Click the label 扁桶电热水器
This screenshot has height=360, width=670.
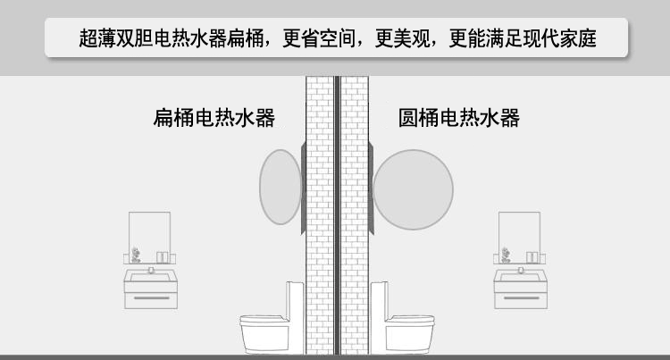(x=214, y=118)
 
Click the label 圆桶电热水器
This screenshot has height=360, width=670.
(x=459, y=118)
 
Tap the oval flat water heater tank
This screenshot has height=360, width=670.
(x=280, y=187)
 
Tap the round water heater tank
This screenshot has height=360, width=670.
(x=413, y=189)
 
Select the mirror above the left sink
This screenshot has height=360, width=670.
(x=149, y=234)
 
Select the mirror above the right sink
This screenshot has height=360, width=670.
(x=519, y=234)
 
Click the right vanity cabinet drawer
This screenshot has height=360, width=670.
(x=519, y=293)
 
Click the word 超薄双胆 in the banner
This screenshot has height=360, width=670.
(x=107, y=39)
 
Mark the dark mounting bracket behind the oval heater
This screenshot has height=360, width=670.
(x=303, y=188)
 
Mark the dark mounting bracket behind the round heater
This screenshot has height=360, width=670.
(x=369, y=188)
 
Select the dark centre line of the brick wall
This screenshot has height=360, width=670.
(x=337, y=214)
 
